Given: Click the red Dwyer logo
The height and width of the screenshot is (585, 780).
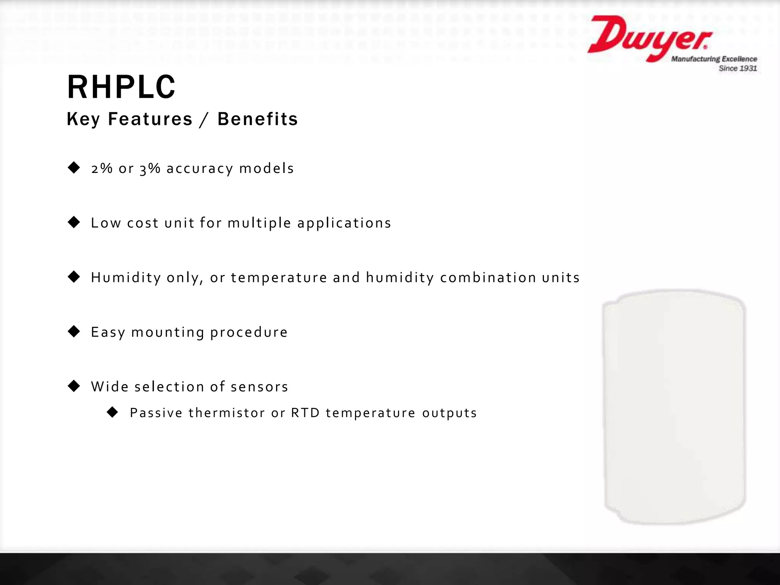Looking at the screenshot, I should click(x=649, y=38).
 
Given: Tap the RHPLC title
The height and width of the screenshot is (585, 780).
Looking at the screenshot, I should click(x=121, y=87).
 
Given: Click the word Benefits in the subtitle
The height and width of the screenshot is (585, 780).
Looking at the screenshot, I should click(x=257, y=119).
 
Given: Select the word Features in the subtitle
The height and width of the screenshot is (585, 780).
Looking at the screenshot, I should click(x=150, y=119).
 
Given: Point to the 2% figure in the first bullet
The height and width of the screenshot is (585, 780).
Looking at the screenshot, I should click(x=102, y=168).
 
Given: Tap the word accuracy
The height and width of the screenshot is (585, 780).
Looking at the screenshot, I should click(x=200, y=168).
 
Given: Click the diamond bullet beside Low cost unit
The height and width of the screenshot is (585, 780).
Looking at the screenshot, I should click(x=74, y=222).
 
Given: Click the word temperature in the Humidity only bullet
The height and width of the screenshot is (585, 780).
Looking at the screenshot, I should click(x=279, y=278).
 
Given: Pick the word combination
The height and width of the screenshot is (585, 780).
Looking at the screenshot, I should click(x=488, y=278).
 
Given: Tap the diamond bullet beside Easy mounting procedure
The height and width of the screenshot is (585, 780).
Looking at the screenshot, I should click(x=74, y=331).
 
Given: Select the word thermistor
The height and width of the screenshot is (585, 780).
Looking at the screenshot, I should click(x=227, y=413).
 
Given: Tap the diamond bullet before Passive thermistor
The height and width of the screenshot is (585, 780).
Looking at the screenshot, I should click(x=112, y=412).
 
